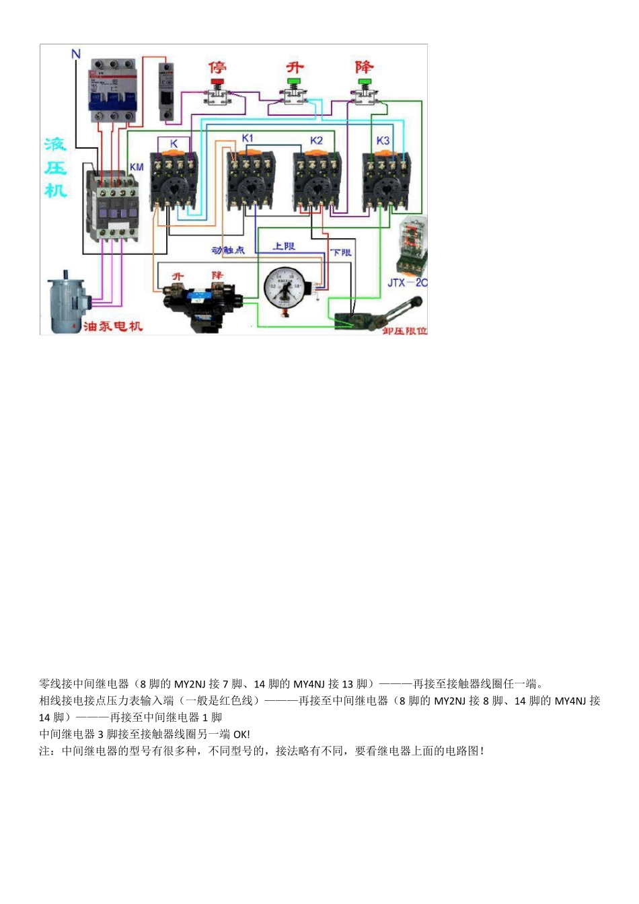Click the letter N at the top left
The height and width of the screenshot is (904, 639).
(76, 54)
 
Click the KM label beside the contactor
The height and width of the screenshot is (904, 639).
(137, 167)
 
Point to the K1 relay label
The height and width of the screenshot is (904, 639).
(248, 138)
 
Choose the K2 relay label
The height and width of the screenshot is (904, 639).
(316, 140)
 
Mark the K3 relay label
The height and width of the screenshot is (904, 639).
(383, 140)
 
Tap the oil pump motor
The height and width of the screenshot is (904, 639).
(67, 299)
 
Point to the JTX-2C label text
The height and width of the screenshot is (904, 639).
(406, 282)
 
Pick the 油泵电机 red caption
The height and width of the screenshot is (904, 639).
(113, 326)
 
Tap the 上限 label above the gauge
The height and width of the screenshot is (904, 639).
(284, 246)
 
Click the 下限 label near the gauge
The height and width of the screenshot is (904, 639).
(341, 252)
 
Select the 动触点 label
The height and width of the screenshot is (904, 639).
(228, 250)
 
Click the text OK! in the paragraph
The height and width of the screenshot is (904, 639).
(241, 735)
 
